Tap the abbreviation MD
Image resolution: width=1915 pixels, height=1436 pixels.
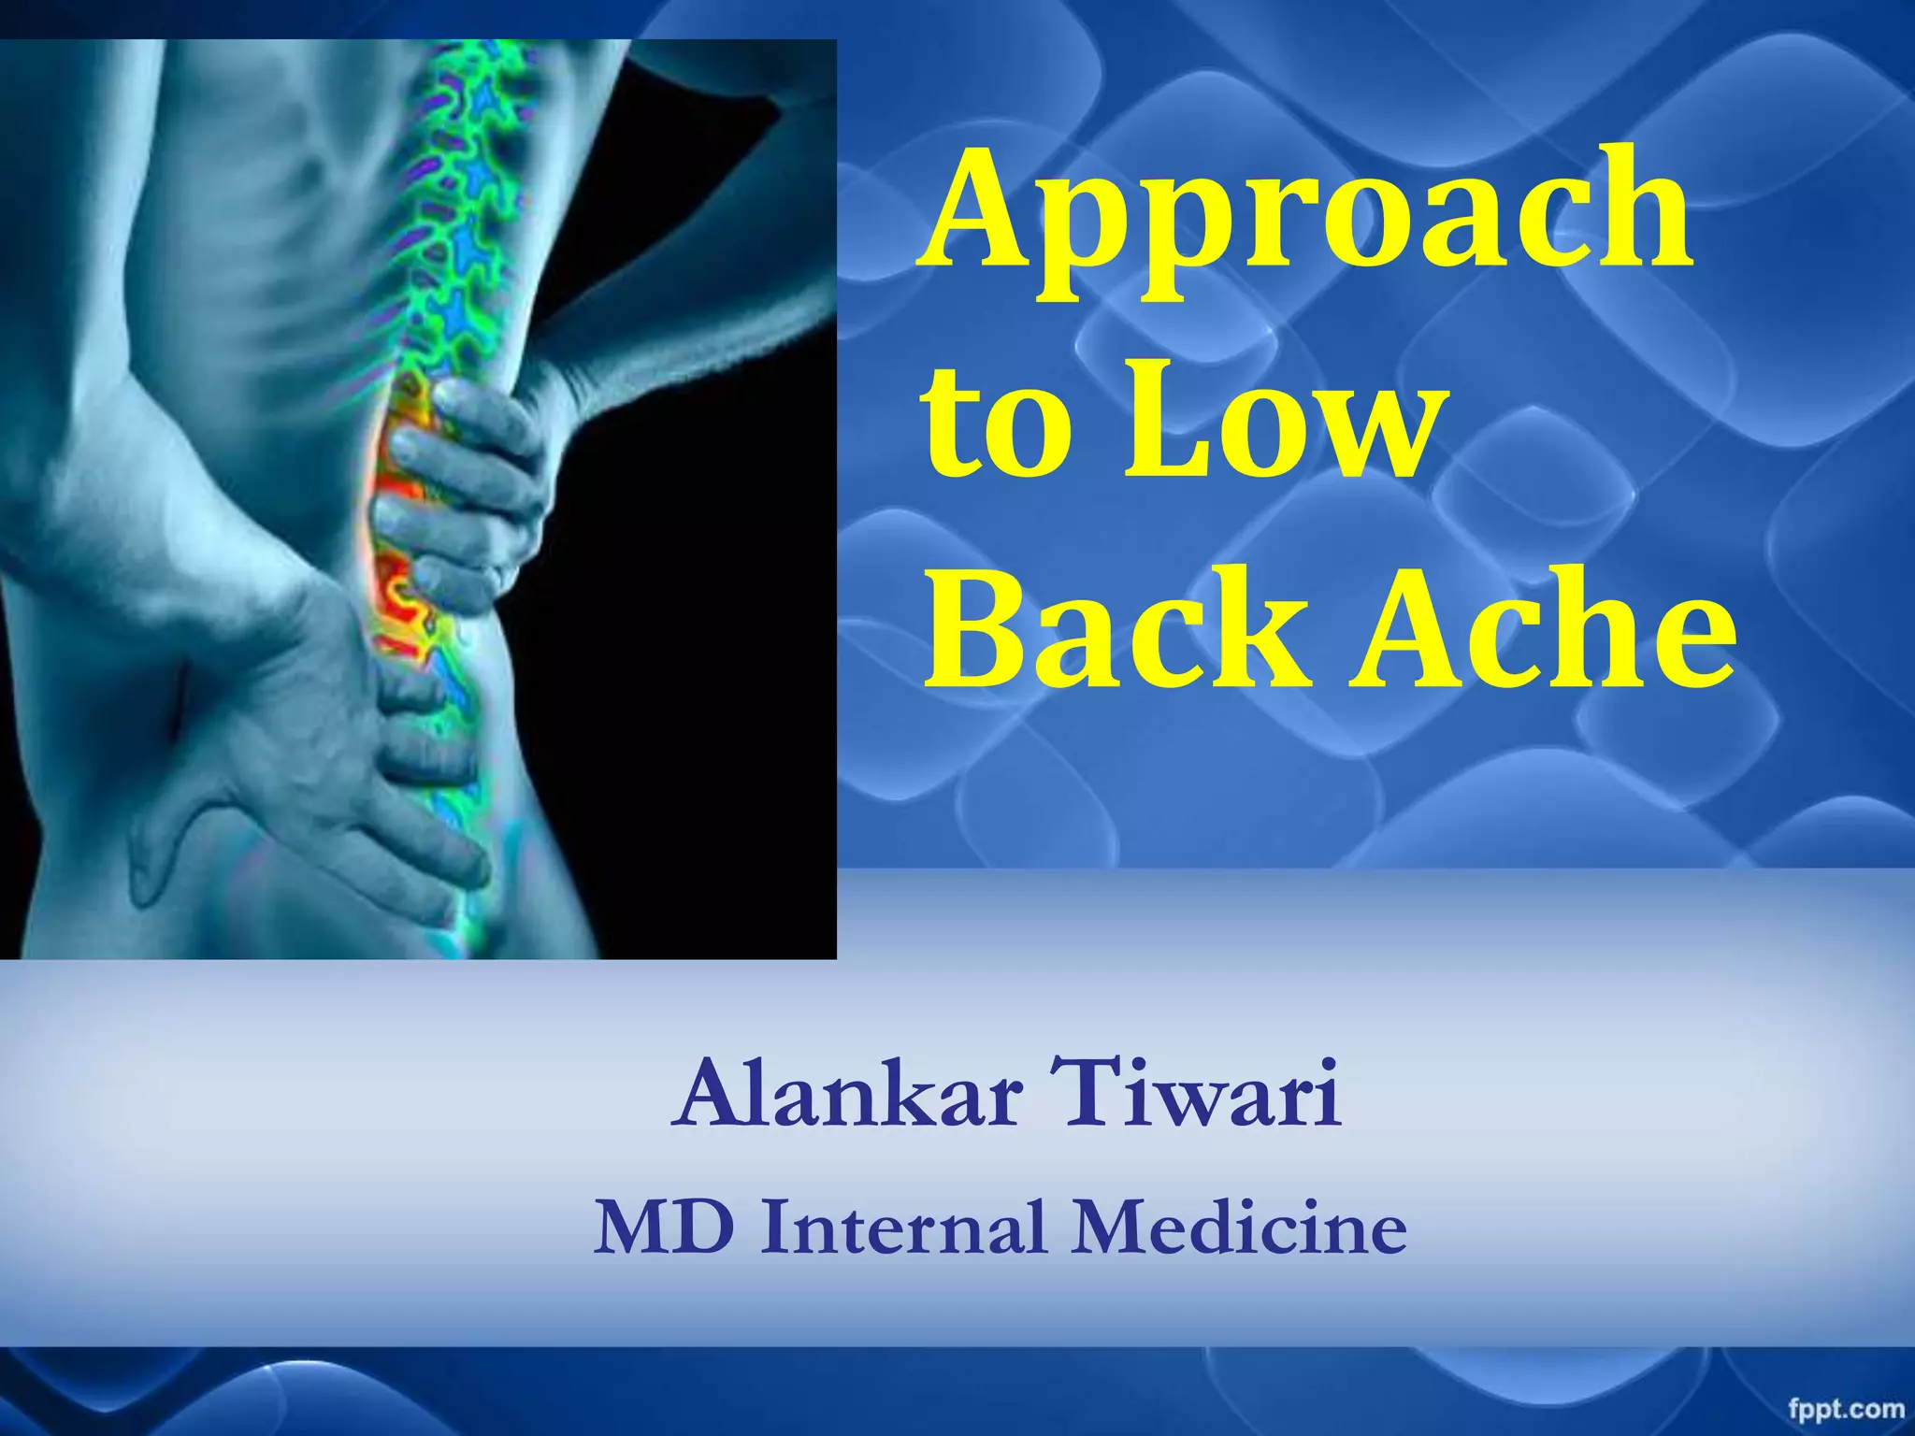(x=665, y=1227)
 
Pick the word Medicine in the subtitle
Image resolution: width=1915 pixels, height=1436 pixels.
(x=1239, y=1227)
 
